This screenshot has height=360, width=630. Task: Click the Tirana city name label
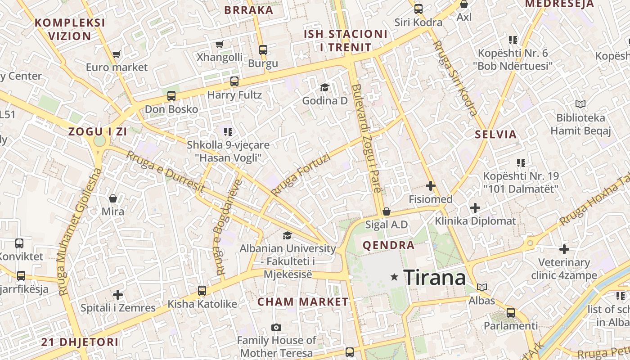tap(434, 278)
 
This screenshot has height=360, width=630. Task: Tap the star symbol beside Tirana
tap(395, 277)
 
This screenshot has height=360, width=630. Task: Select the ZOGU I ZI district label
tap(97, 132)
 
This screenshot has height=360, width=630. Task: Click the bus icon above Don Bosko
tap(171, 96)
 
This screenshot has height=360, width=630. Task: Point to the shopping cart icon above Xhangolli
tap(219, 44)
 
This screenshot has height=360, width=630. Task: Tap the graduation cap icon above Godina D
tap(324, 87)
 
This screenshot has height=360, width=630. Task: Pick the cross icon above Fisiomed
tap(431, 185)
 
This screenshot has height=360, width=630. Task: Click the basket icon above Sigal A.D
tap(386, 211)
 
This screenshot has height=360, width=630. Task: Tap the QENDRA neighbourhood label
tap(388, 245)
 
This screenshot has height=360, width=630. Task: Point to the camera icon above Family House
tap(276, 327)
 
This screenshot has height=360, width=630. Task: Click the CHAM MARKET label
tap(303, 302)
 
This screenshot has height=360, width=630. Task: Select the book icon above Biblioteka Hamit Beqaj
tap(580, 104)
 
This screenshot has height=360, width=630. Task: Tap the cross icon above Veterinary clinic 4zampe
tap(564, 249)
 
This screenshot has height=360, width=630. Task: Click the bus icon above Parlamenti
tap(510, 312)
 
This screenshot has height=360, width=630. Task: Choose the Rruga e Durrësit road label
tap(165, 171)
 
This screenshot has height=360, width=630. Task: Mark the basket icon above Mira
tap(112, 198)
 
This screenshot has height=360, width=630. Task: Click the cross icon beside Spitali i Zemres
tap(118, 295)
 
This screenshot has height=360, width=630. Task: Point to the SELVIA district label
tap(496, 134)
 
